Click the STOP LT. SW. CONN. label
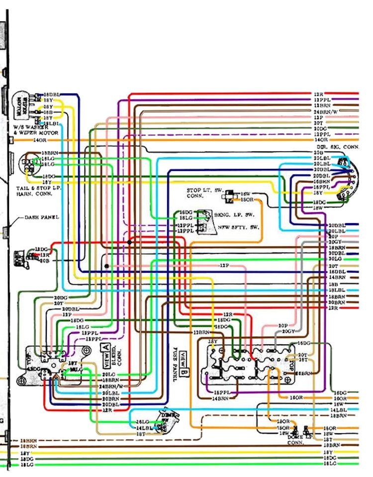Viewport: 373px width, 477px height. tap(204, 193)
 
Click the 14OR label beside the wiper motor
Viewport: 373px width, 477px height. tap(39, 141)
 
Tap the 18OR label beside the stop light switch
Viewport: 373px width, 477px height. tap(247, 199)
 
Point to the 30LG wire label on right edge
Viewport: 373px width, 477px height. tap(334, 259)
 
